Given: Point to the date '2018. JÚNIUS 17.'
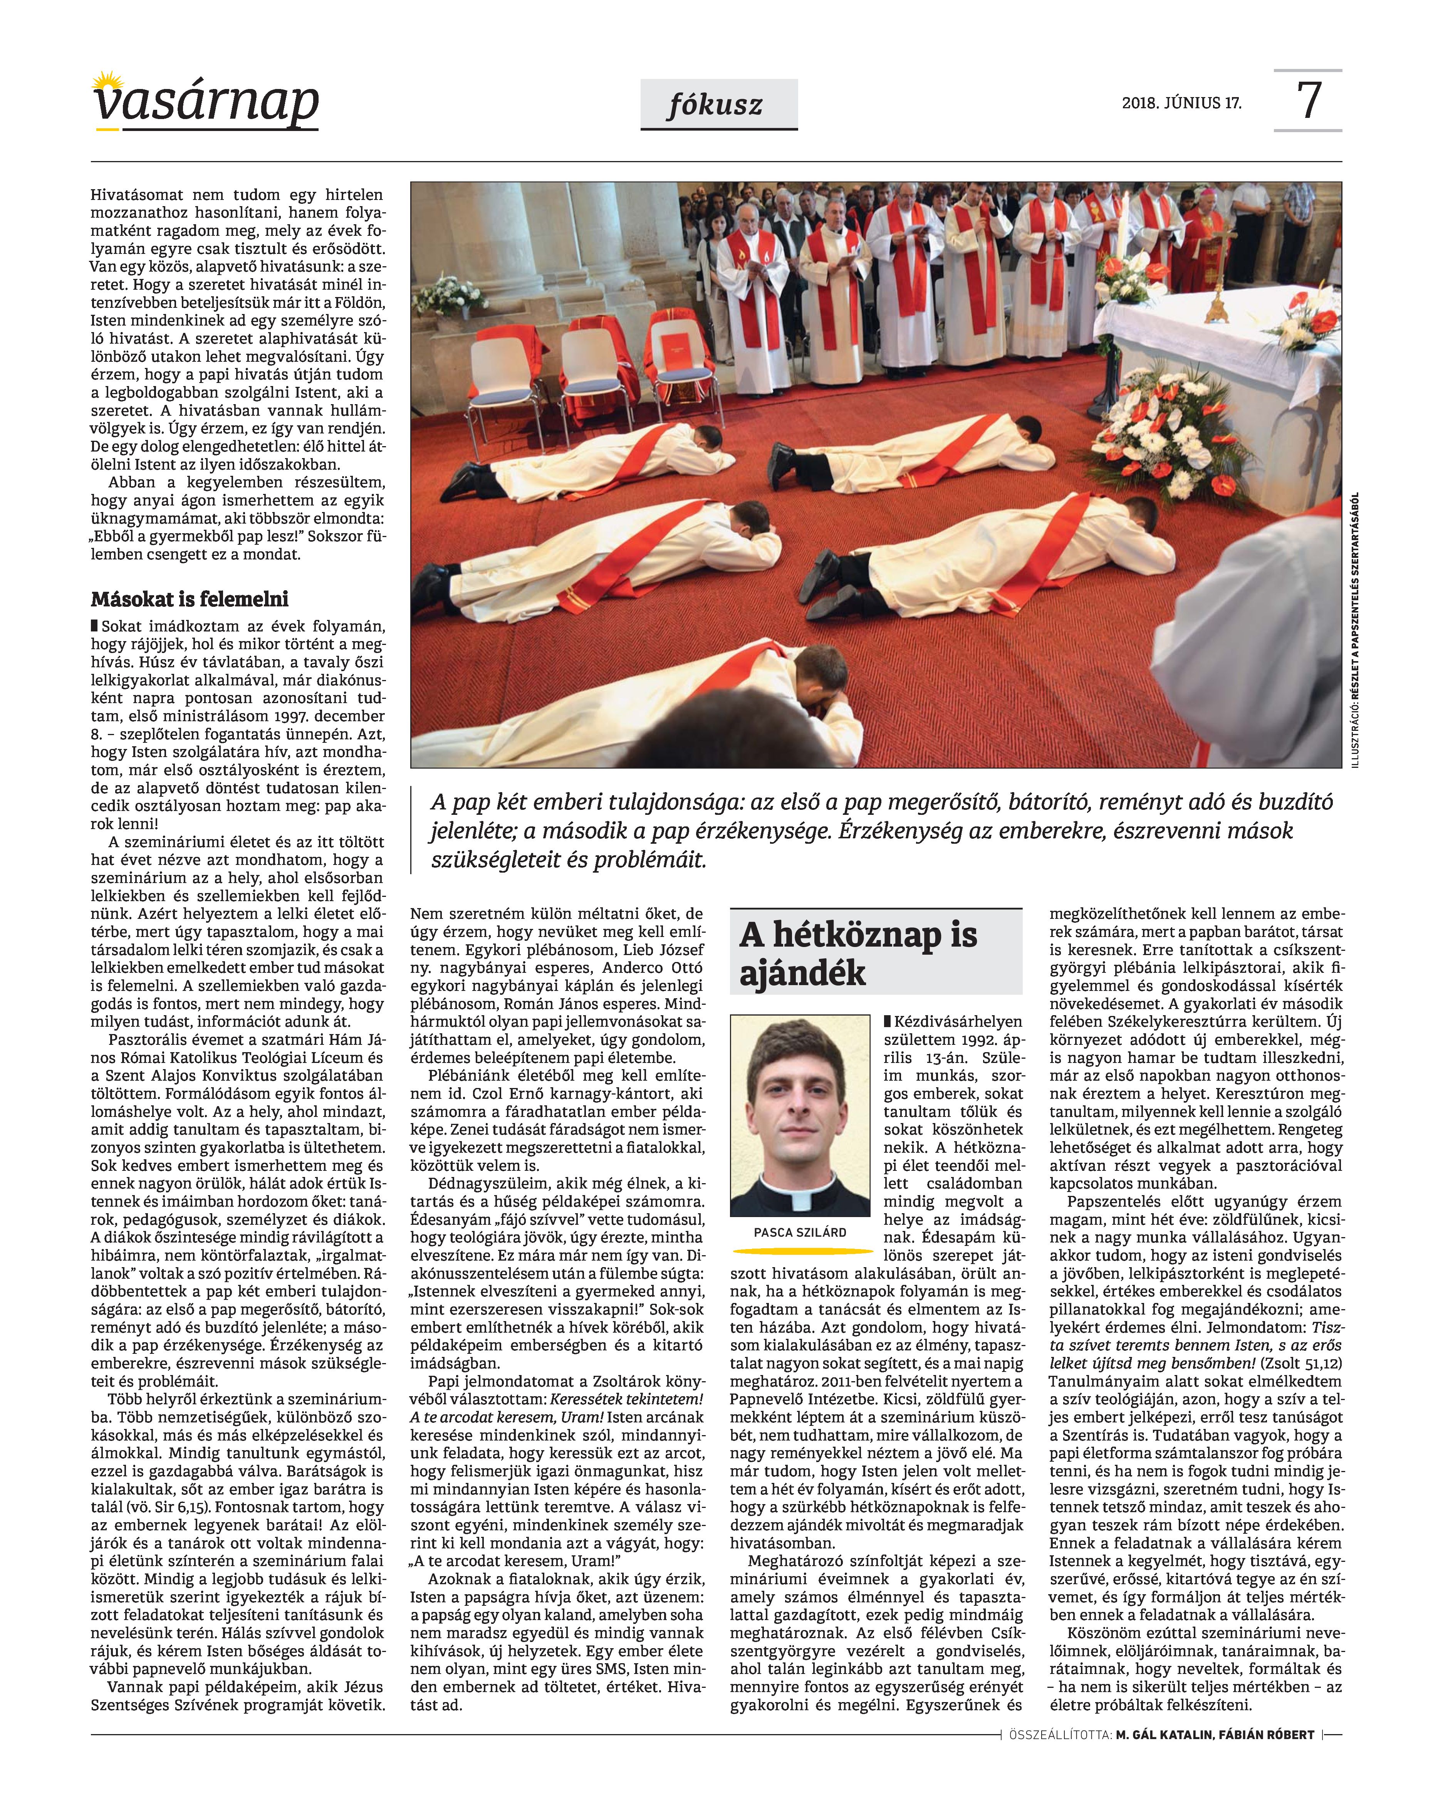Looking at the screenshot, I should tap(1181, 105).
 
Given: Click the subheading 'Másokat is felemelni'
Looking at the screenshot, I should tap(190, 599).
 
